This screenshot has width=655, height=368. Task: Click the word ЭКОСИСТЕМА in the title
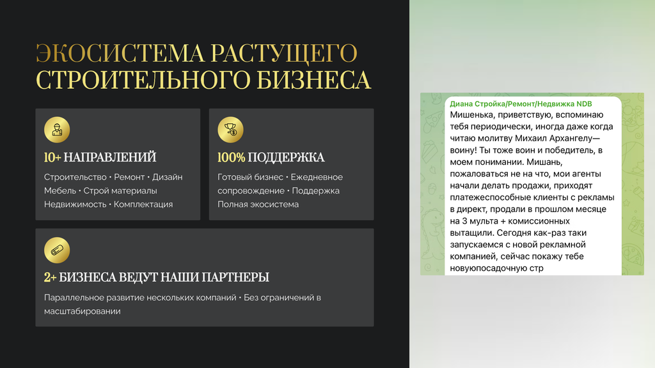[120, 53]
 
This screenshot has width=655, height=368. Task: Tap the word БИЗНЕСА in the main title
[313, 80]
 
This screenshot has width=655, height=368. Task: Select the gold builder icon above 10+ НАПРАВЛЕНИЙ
[57, 130]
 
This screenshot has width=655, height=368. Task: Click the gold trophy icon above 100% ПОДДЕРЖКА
[230, 130]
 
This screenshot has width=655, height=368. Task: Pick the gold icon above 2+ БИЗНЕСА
[57, 250]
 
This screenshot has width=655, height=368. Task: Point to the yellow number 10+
[52, 157]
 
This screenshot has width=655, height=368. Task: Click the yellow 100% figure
[231, 157]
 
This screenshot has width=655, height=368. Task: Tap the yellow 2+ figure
[50, 277]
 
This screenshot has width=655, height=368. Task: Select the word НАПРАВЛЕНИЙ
[110, 157]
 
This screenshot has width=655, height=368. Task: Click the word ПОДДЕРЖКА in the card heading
[286, 157]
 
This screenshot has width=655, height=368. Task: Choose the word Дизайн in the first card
[167, 178]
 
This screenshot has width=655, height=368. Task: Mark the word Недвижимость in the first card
[75, 204]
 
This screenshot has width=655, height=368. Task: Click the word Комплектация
[143, 204]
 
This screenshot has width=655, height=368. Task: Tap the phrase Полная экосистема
[258, 204]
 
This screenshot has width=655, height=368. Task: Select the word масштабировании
[83, 311]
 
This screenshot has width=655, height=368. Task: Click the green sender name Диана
[461, 104]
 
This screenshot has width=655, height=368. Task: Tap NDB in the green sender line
[584, 104]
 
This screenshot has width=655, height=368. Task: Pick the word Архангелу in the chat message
[575, 138]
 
